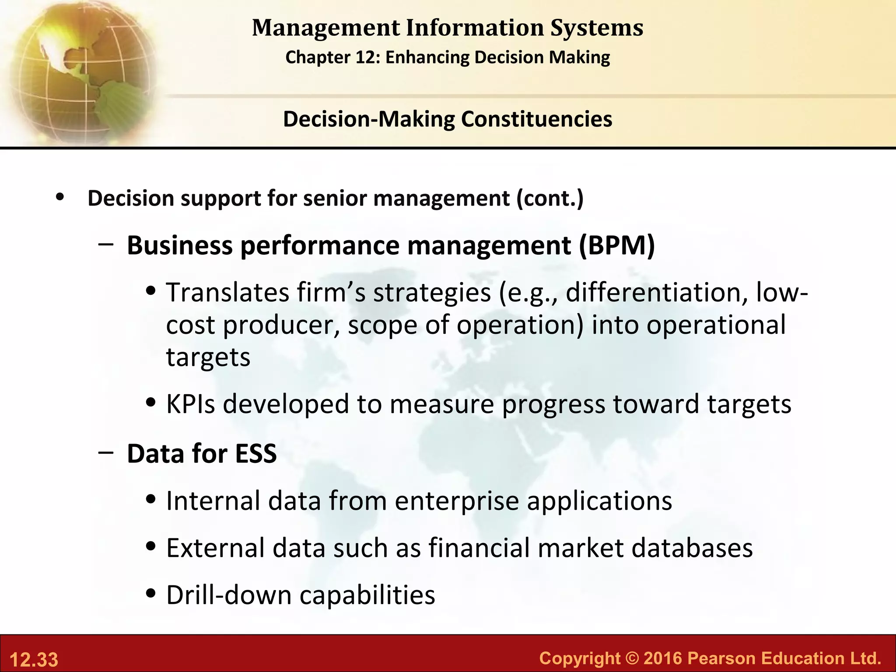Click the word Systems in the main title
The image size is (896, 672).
[x=596, y=28]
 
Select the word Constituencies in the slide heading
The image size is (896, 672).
[x=536, y=119]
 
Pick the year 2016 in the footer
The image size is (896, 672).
[x=662, y=658]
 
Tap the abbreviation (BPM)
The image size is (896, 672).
[x=617, y=245]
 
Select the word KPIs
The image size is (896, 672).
[x=191, y=403]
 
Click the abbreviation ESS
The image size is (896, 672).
[x=256, y=454]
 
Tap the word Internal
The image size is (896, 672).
[x=213, y=501]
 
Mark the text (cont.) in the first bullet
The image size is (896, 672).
[x=550, y=198]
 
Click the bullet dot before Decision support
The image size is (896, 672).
[x=60, y=198]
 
